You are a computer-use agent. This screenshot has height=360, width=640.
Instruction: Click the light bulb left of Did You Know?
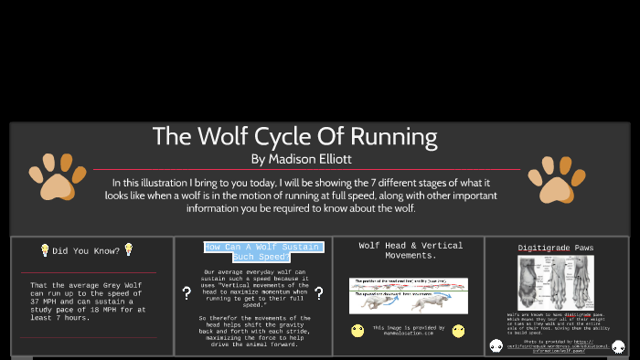[x=44, y=249]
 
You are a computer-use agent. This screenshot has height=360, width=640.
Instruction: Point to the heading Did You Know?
[x=86, y=250]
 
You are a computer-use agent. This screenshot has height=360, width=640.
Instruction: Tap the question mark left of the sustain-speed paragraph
[x=187, y=293]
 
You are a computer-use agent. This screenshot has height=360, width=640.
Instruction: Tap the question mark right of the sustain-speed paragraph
[x=319, y=293]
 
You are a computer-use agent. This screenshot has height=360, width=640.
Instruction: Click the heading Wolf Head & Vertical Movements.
[x=411, y=250]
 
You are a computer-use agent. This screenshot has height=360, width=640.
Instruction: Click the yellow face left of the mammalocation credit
[x=357, y=330]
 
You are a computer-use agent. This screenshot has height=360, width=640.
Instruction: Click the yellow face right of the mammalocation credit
[x=458, y=330]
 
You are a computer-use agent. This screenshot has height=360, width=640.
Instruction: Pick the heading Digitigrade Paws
[x=556, y=248]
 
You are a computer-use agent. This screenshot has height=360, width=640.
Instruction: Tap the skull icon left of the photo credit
[x=496, y=345]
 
